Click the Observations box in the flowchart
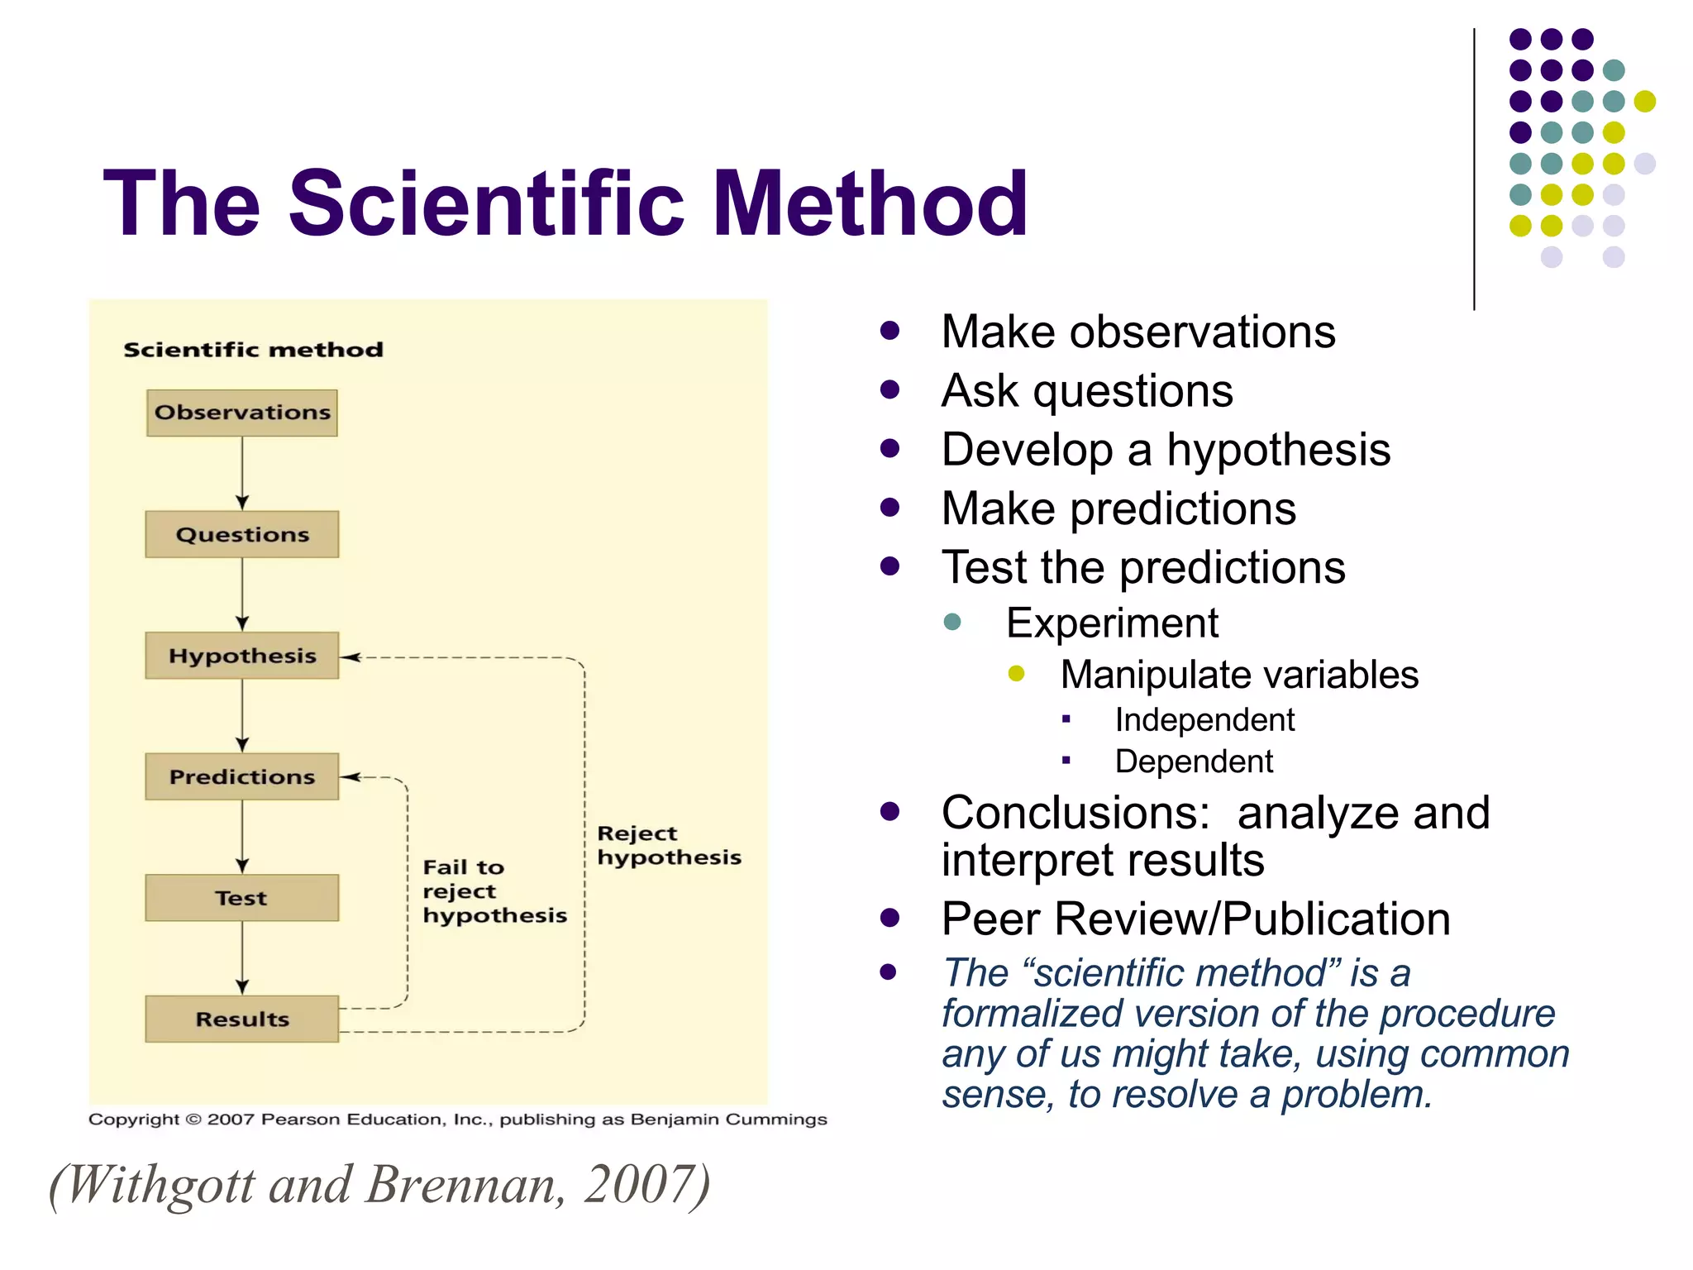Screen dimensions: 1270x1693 point(242,413)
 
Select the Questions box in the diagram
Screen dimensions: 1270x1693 point(242,534)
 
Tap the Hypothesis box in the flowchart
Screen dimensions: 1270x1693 point(242,656)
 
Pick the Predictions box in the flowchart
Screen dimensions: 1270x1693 point(242,776)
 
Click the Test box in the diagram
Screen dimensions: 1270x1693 point(242,898)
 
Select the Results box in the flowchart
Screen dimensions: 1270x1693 point(242,1019)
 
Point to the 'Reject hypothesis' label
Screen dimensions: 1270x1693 point(668,845)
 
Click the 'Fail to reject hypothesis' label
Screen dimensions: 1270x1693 point(494,891)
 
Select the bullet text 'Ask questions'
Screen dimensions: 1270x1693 point(1086,390)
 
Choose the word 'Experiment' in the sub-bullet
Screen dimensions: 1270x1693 point(1112,623)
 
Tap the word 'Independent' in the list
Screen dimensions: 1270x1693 point(1204,720)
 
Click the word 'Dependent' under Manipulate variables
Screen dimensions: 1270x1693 point(1193,762)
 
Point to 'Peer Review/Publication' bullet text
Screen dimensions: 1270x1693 point(1195,919)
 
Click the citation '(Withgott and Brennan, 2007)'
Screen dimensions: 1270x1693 point(379,1184)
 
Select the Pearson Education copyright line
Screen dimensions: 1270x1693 point(457,1120)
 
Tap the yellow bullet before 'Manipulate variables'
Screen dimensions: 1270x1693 point(1016,674)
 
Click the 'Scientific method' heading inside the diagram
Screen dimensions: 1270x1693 point(253,350)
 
